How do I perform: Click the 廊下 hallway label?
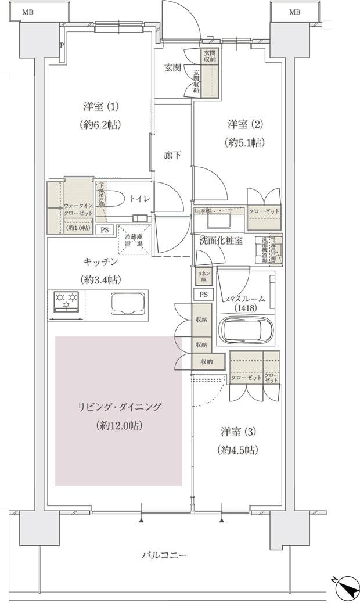pos(172,155)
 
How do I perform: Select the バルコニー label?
pos(164,555)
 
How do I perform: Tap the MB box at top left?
pos(24,12)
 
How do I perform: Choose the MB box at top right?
pos(295,12)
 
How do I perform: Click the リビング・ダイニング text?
pos(120,407)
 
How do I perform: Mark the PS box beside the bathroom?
pos(203,295)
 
